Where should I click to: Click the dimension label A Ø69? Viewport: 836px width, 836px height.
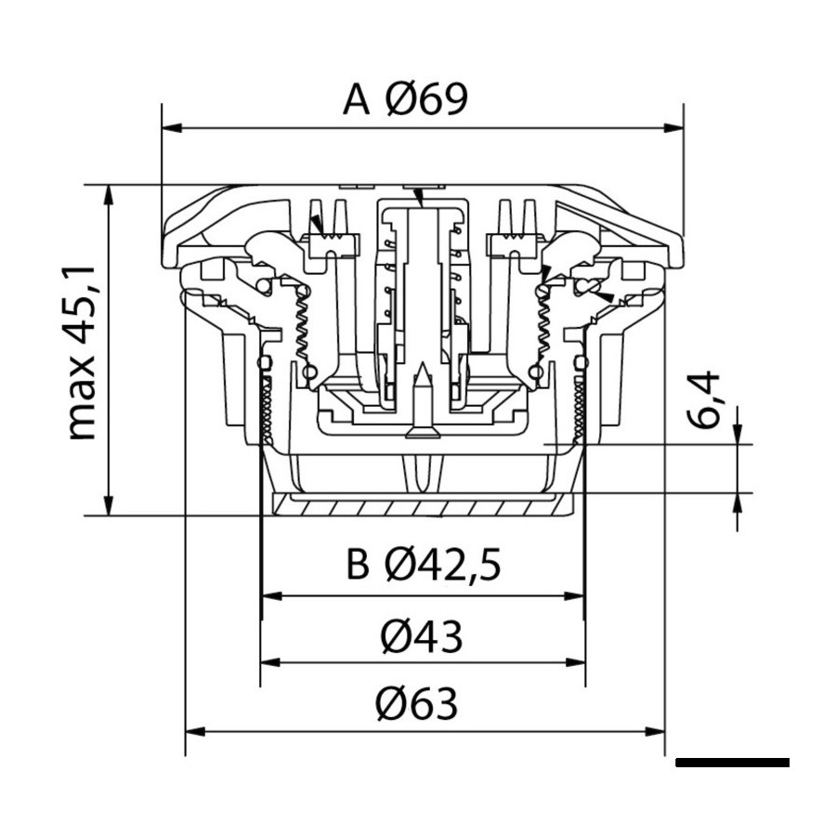click(405, 99)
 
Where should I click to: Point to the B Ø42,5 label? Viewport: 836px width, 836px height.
click(424, 564)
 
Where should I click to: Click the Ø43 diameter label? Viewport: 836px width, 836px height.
click(421, 636)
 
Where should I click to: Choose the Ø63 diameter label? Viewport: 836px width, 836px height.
click(417, 704)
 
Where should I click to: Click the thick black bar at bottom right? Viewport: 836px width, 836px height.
click(733, 763)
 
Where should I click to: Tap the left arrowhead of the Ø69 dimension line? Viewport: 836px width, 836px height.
click(172, 128)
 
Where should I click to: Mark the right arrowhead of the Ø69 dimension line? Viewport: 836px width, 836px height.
click(673, 128)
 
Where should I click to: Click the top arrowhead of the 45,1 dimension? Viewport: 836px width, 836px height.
click(109, 195)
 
